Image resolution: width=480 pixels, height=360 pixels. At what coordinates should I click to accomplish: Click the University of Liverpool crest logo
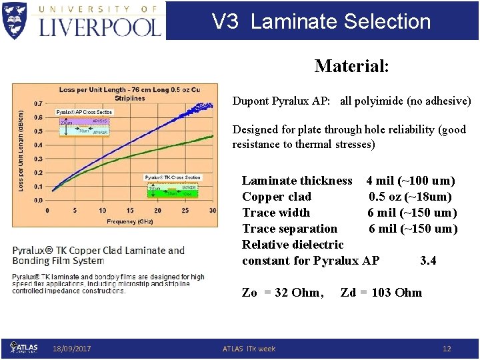tap(15, 20)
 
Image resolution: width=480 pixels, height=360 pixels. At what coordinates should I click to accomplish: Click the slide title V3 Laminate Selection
tap(321, 21)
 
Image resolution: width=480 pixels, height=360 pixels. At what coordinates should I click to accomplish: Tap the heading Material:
tap(351, 66)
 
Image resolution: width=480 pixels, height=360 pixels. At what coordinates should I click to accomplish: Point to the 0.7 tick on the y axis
tap(38, 104)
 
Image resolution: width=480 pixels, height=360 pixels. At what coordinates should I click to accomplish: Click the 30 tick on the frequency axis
tap(213, 211)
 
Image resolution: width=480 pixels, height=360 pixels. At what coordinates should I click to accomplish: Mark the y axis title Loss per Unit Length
tap(21, 151)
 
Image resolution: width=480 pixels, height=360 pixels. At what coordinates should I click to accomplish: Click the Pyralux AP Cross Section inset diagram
tap(84, 123)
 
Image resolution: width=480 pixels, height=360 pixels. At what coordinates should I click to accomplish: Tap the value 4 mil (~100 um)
tap(411, 181)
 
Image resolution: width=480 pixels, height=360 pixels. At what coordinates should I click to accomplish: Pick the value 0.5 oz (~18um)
tap(410, 197)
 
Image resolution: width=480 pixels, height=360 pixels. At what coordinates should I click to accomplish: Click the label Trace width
tap(276, 213)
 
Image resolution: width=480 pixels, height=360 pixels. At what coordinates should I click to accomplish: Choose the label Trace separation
tap(289, 229)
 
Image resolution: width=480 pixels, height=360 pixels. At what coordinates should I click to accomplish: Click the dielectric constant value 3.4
tap(428, 261)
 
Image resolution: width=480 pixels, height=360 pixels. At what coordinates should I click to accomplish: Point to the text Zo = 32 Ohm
tap(283, 292)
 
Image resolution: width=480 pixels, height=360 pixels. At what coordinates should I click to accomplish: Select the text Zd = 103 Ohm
tap(381, 292)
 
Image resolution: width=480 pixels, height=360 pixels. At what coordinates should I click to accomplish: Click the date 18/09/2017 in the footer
tap(72, 349)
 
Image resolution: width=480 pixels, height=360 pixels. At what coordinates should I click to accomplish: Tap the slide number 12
tap(447, 349)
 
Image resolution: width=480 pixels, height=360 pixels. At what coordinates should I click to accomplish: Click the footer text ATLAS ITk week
tap(249, 349)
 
